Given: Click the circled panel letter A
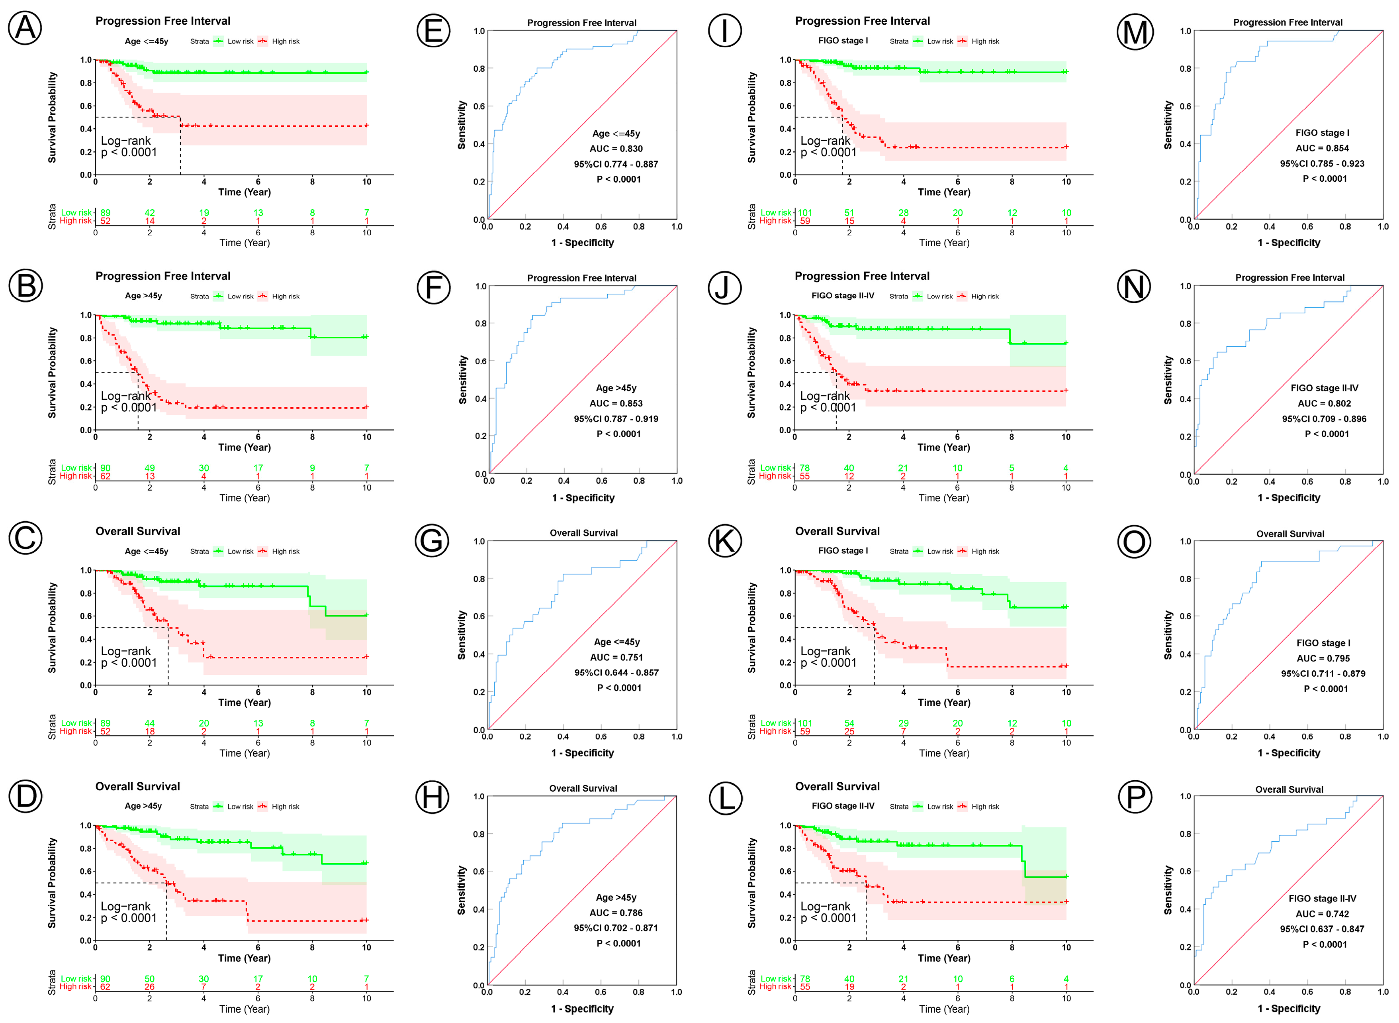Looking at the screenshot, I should (25, 28).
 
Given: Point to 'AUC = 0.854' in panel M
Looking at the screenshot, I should (1322, 148).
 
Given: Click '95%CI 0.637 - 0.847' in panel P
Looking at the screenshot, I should (1322, 929).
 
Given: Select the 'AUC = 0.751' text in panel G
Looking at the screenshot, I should (616, 657).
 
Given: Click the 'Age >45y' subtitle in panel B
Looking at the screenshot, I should (143, 296).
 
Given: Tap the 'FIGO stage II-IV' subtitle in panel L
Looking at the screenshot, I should (843, 806).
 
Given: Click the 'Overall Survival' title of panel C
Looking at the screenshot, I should (137, 531).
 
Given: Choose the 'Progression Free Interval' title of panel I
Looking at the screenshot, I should (862, 21).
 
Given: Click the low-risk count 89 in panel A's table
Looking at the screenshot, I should (105, 212).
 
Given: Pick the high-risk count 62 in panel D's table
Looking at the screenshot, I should (105, 986).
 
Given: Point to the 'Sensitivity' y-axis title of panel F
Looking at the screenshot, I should (462, 380).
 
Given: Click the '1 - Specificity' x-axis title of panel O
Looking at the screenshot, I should (1288, 753).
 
